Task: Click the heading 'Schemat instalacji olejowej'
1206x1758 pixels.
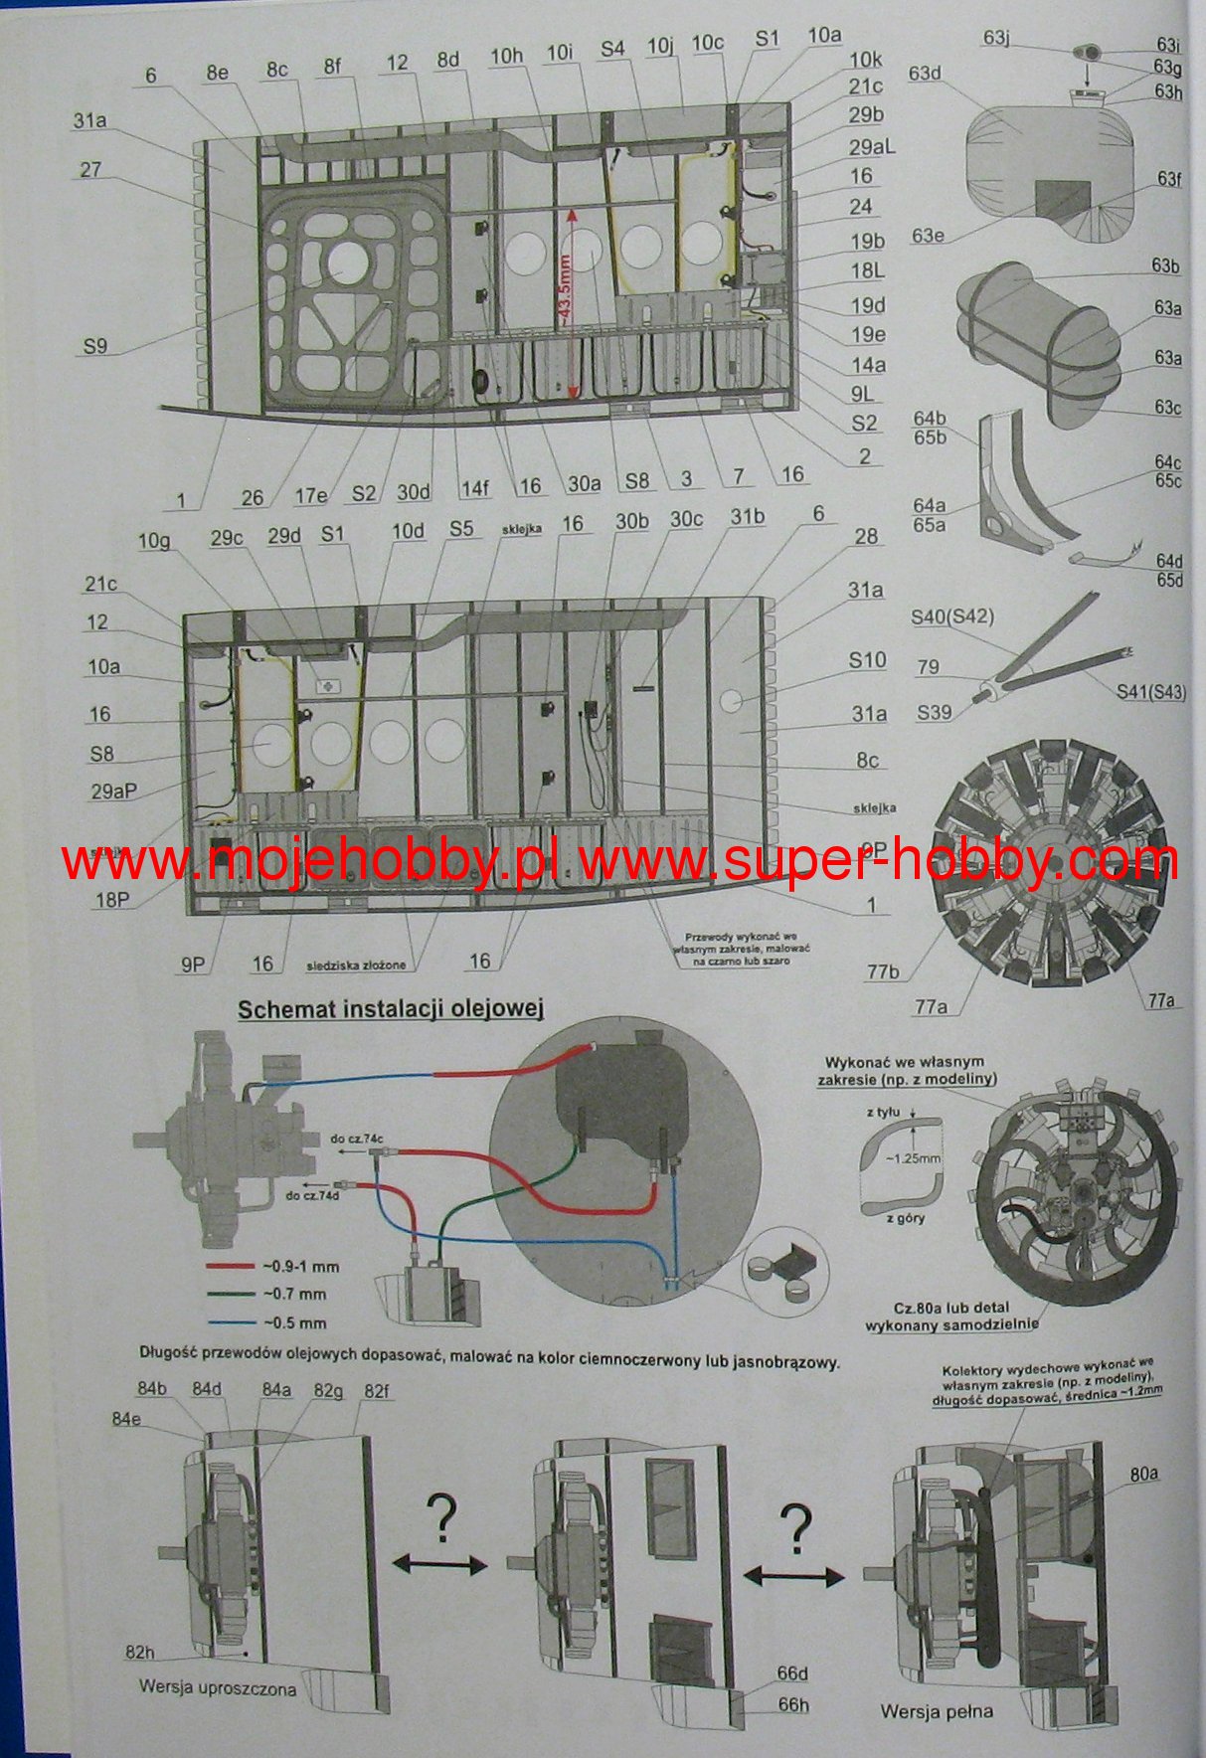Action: click(x=391, y=1010)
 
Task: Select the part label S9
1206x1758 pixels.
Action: click(x=94, y=347)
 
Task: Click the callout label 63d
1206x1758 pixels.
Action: click(x=925, y=74)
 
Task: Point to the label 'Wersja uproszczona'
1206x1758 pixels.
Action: click(x=218, y=1687)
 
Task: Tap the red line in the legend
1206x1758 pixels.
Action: click(x=232, y=1267)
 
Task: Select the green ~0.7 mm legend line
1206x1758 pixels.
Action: click(x=232, y=1295)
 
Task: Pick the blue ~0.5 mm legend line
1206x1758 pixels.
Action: click(x=232, y=1323)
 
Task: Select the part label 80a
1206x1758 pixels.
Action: click(x=1143, y=1473)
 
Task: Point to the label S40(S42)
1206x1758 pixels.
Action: click(x=952, y=617)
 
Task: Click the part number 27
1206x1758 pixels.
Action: click(x=90, y=170)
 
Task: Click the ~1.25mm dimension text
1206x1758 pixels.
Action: click(x=913, y=1158)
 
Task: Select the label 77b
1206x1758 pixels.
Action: click(x=882, y=971)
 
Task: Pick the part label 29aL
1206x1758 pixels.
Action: click(x=872, y=146)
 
